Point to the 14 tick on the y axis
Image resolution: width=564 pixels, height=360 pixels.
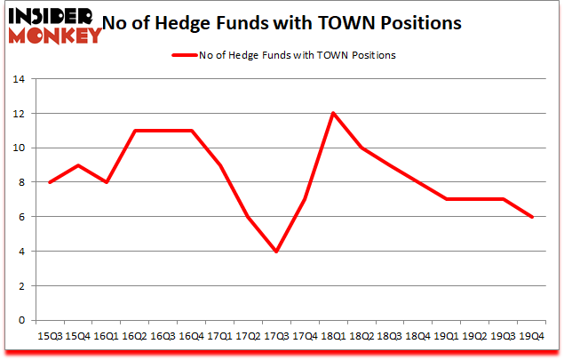point(17,79)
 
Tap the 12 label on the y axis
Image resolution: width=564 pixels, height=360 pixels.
point(17,114)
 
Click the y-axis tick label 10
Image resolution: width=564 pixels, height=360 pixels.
point(17,148)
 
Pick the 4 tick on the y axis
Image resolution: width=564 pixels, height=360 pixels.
point(20,252)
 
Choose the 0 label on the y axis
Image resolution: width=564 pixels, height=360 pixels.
point(20,321)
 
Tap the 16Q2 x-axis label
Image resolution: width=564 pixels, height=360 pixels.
point(136,337)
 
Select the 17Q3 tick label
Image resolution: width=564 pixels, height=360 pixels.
point(277,337)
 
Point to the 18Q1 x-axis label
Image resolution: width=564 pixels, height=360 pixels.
point(333,337)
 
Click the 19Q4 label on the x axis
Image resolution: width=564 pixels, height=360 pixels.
point(530,337)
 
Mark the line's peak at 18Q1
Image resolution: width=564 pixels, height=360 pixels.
point(333,113)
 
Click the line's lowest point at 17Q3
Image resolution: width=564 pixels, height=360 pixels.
point(277,252)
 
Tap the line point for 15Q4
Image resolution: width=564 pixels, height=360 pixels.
point(79,165)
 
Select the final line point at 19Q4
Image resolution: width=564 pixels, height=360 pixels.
point(530,217)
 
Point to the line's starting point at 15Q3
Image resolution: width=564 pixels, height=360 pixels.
point(51,182)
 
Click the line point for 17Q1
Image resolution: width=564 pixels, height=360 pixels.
point(220,165)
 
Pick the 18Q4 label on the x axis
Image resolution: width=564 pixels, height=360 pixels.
point(417,337)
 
